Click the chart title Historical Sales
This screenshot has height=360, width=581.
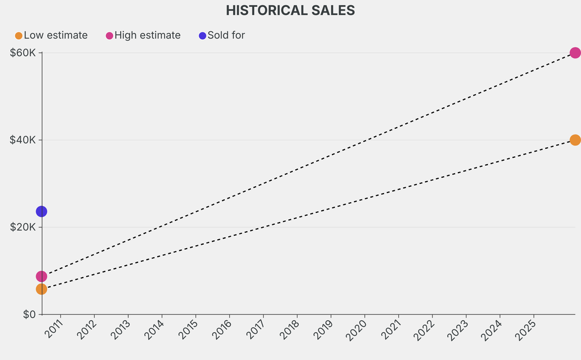click(x=290, y=10)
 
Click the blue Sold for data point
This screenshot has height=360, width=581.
click(x=41, y=211)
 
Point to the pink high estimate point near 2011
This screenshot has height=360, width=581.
click(x=41, y=277)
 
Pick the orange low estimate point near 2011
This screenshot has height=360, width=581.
click(x=41, y=289)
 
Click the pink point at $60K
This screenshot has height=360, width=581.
click(x=575, y=53)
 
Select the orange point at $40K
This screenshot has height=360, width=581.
click(x=575, y=140)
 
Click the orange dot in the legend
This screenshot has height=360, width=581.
click(x=19, y=36)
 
